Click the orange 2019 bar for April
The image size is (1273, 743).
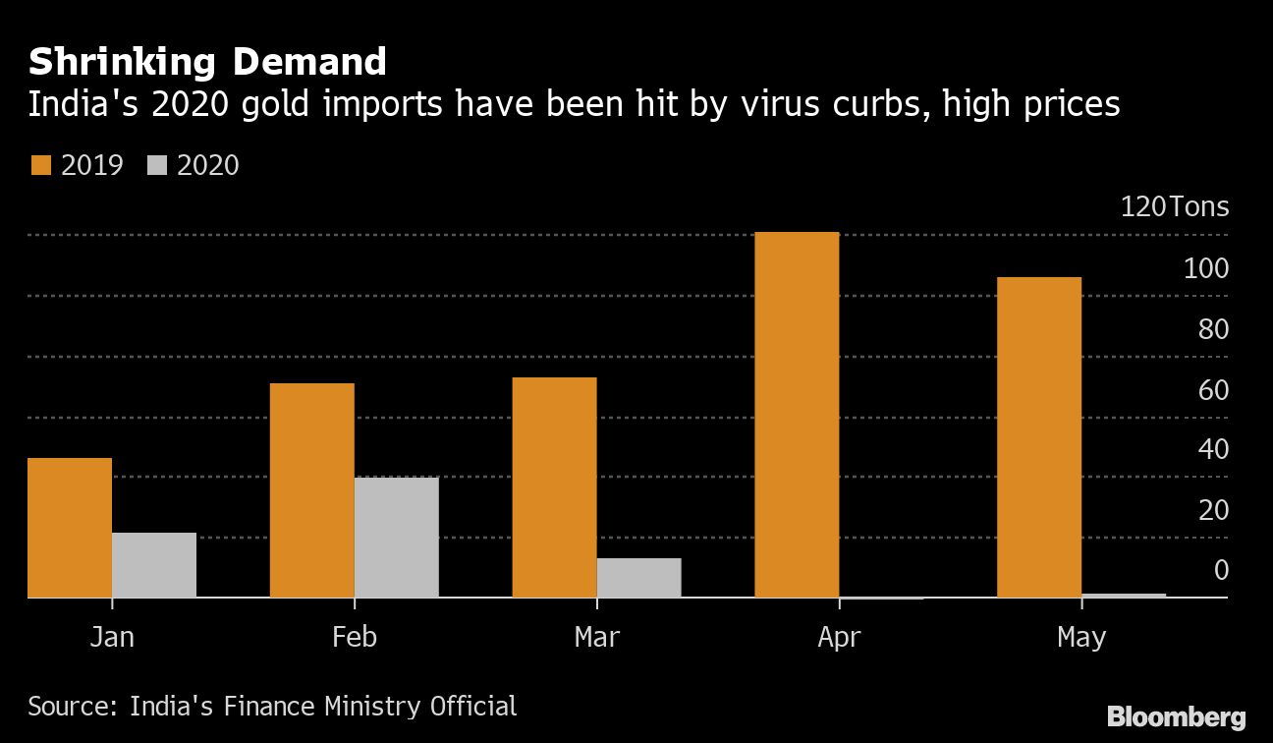click(797, 415)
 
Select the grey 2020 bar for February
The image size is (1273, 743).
click(396, 538)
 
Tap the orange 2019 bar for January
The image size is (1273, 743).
click(70, 528)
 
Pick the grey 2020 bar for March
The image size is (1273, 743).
click(638, 578)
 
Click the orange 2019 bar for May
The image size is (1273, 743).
click(1039, 437)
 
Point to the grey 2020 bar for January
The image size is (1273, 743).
click(154, 565)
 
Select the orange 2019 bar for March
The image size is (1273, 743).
click(554, 487)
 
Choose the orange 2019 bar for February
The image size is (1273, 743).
click(311, 490)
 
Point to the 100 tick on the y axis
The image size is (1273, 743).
click(1205, 268)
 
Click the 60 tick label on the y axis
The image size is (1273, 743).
click(1213, 390)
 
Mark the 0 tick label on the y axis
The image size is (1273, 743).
click(1221, 570)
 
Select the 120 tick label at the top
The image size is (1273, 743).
click(1144, 207)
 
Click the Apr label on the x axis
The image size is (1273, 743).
click(839, 638)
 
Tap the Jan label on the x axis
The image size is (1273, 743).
click(112, 638)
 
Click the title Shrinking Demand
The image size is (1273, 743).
click(207, 63)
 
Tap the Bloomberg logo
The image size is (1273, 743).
click(1176, 716)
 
